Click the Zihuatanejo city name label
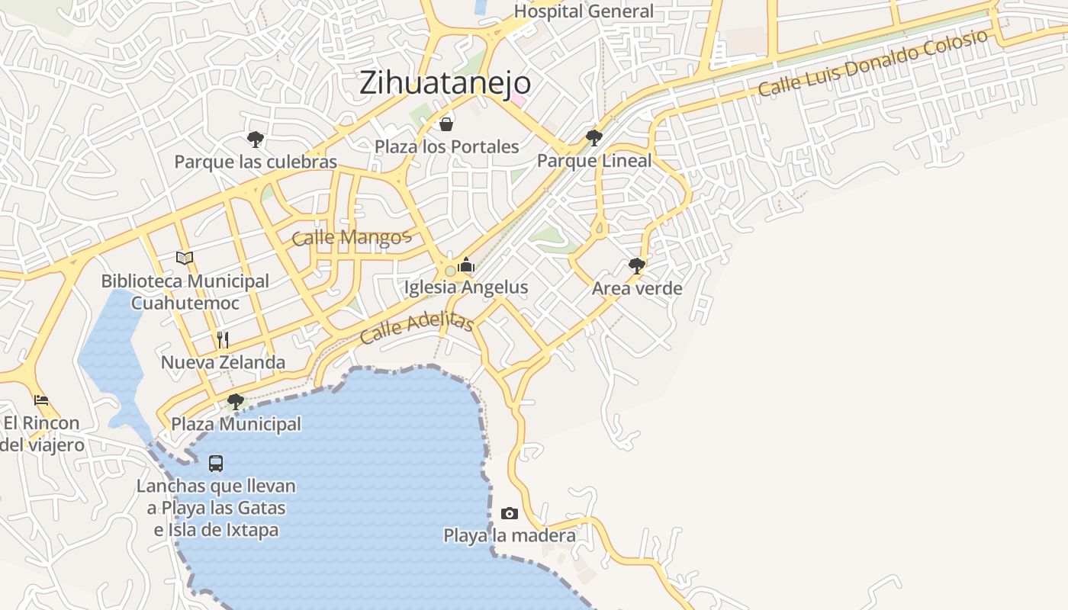click(x=445, y=82)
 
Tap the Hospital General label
click(x=584, y=11)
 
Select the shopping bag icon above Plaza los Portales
click(x=446, y=124)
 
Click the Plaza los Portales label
click(x=446, y=146)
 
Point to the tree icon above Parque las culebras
click(x=256, y=139)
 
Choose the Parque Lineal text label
click(x=594, y=160)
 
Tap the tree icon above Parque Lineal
click(x=594, y=138)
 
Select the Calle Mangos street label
click(x=352, y=237)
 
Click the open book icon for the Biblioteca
click(x=185, y=258)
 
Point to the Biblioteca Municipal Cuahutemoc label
click(x=185, y=292)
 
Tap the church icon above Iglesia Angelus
click(x=466, y=265)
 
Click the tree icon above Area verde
click(x=637, y=266)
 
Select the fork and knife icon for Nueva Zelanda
click(x=223, y=340)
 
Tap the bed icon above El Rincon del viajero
click(x=41, y=400)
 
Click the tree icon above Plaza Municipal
click(x=236, y=401)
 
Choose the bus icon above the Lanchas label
click(x=216, y=463)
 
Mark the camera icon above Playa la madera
click(x=510, y=513)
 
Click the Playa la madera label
click(x=510, y=535)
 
